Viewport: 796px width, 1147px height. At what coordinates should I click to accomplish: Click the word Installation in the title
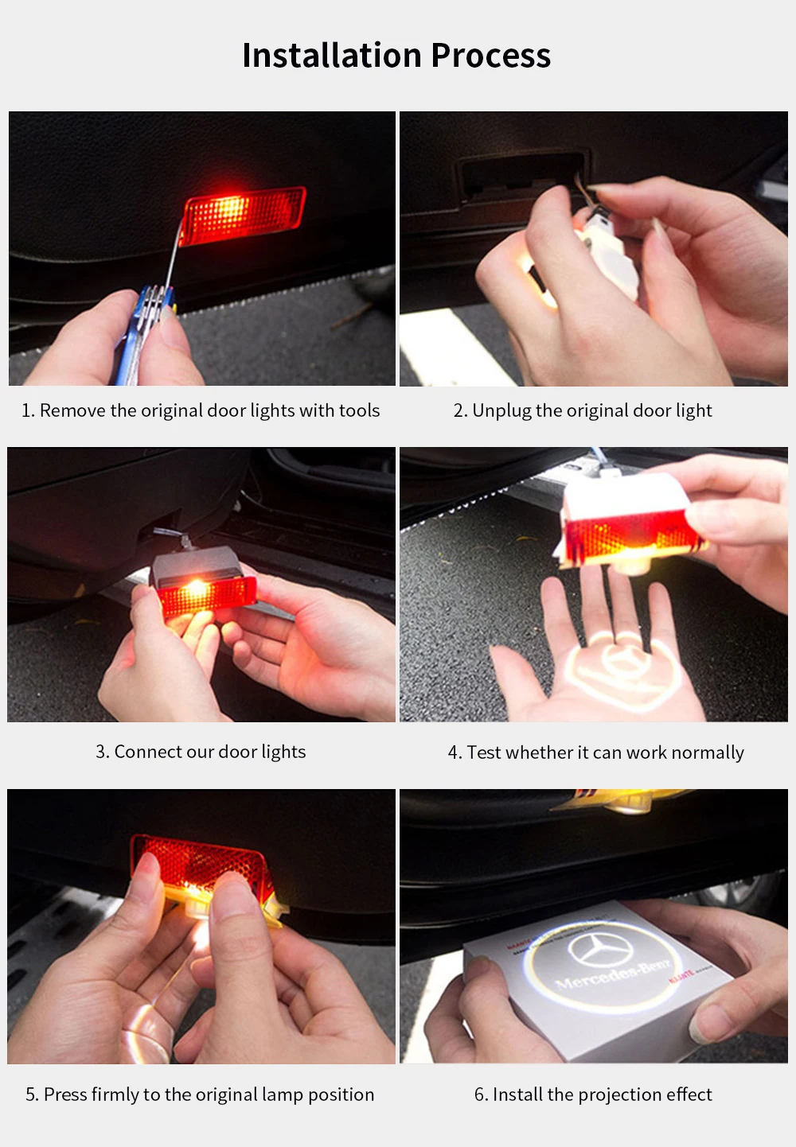point(332,56)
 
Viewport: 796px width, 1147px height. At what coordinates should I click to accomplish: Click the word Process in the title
point(491,56)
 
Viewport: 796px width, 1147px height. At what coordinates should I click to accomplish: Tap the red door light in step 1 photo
point(242,215)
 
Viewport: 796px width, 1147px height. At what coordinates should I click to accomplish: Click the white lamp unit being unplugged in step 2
point(607,251)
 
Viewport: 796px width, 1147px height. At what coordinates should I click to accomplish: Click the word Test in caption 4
point(483,752)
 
